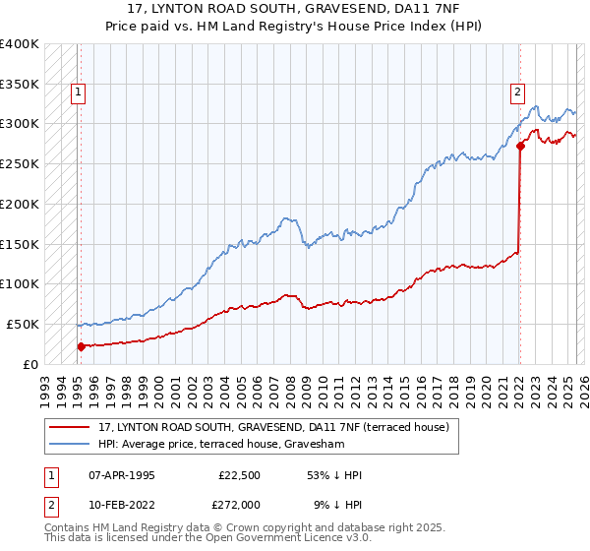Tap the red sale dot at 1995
pyautogui.click(x=81, y=345)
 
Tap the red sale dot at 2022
pyautogui.click(x=520, y=147)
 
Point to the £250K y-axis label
pyautogui.click(x=20, y=163)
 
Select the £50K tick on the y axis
pyautogui.click(x=24, y=324)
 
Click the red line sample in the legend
pyautogui.click(x=70, y=427)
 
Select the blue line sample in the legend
pyautogui.click(x=70, y=444)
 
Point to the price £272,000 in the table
pyautogui.click(x=239, y=504)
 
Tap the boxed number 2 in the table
pyautogui.click(x=48, y=504)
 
